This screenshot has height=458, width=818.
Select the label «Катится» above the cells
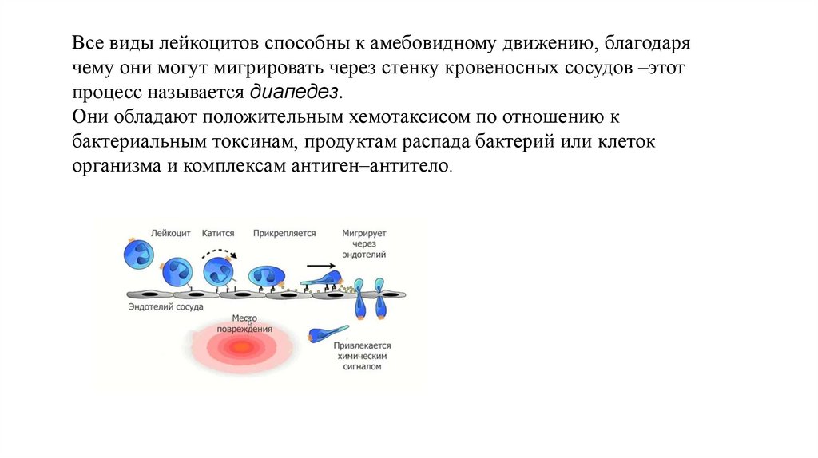click(218, 233)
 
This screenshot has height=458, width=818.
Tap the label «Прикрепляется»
click(284, 233)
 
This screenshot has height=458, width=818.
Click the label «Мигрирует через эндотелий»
click(364, 243)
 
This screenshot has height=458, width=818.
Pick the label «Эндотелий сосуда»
click(166, 306)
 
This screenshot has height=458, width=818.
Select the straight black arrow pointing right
click(320, 266)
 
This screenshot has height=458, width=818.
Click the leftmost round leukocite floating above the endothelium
click(137, 255)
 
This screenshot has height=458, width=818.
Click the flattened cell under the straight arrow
click(323, 280)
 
